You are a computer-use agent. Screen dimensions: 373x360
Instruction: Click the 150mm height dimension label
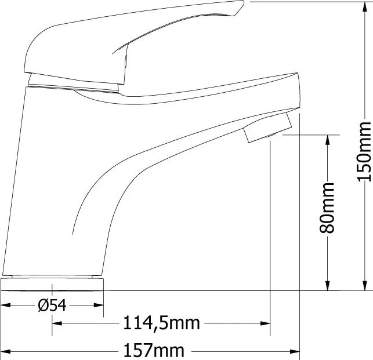364,151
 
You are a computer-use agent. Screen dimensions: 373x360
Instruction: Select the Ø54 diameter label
52,305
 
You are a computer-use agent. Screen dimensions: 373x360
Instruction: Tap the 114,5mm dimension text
161,323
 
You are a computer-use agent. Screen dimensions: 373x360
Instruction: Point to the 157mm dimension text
154,350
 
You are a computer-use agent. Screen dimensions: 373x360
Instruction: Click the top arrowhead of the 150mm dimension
364,7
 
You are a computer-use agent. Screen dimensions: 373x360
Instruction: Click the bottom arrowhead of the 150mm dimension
364,285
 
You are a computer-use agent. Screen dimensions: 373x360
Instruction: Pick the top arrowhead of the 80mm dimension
328,140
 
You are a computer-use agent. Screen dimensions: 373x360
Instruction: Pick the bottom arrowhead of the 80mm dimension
328,285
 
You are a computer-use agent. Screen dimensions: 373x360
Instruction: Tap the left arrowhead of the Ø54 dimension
6,305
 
